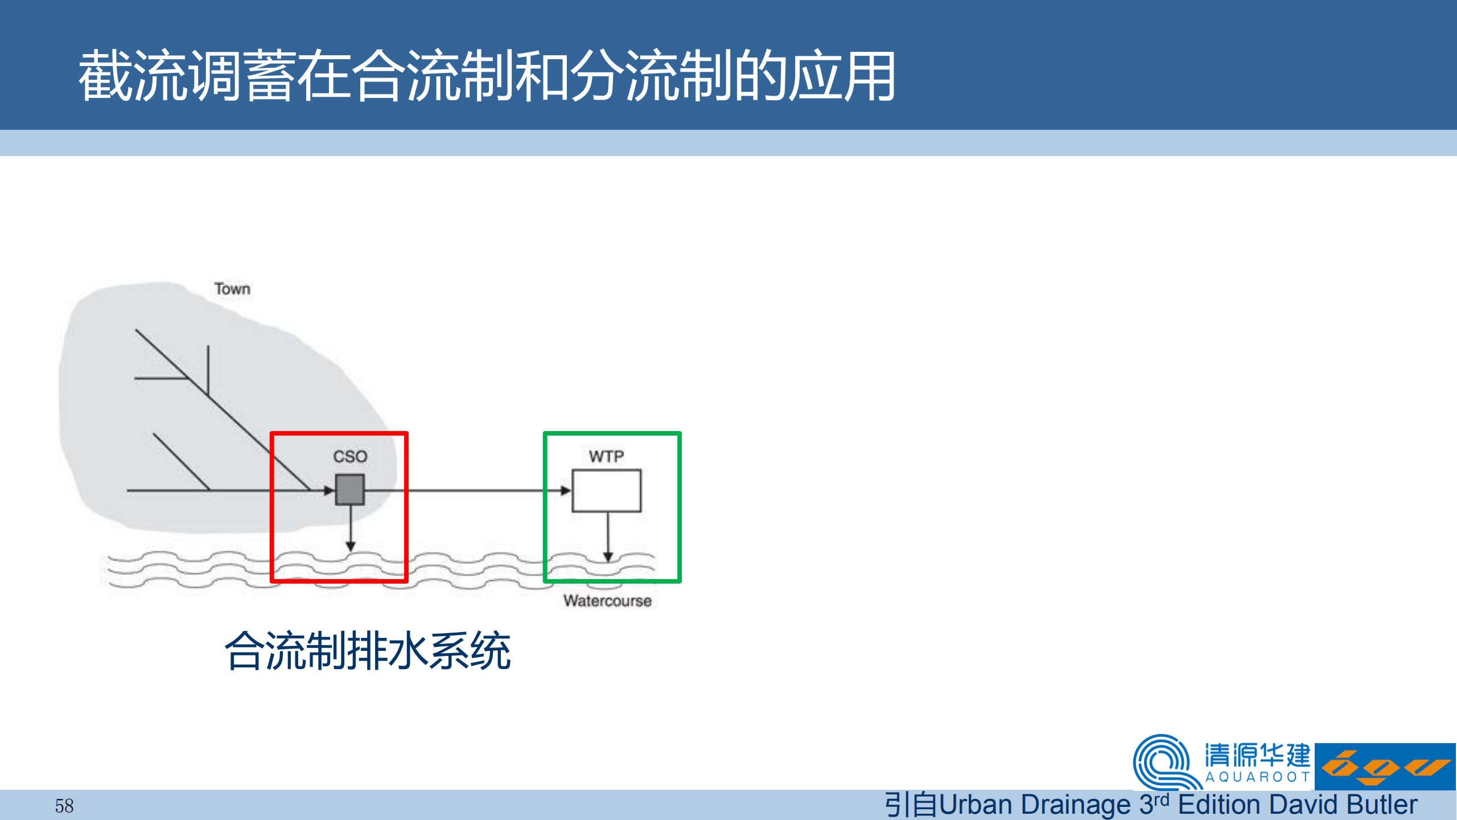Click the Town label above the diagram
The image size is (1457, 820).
click(x=232, y=289)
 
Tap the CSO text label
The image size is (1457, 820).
click(x=350, y=456)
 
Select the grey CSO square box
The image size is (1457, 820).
click(x=349, y=490)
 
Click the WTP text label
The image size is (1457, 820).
click(x=606, y=456)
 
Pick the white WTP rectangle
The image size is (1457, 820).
click(x=607, y=490)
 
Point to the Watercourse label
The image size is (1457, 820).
click(x=607, y=601)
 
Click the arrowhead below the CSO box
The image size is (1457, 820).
click(x=351, y=547)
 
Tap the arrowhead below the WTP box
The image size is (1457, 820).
click(x=608, y=557)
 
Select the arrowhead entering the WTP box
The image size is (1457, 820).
click(x=565, y=490)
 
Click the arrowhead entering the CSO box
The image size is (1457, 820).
click(x=329, y=490)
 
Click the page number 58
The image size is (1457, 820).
click(x=64, y=806)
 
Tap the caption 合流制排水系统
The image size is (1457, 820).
click(x=368, y=650)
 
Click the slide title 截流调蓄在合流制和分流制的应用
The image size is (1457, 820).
click(x=487, y=76)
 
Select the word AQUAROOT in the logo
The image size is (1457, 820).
click(x=1258, y=777)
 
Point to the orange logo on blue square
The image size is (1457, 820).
click(x=1385, y=766)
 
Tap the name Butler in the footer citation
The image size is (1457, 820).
click(x=1382, y=805)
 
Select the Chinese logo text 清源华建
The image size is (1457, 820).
click(x=1257, y=756)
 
